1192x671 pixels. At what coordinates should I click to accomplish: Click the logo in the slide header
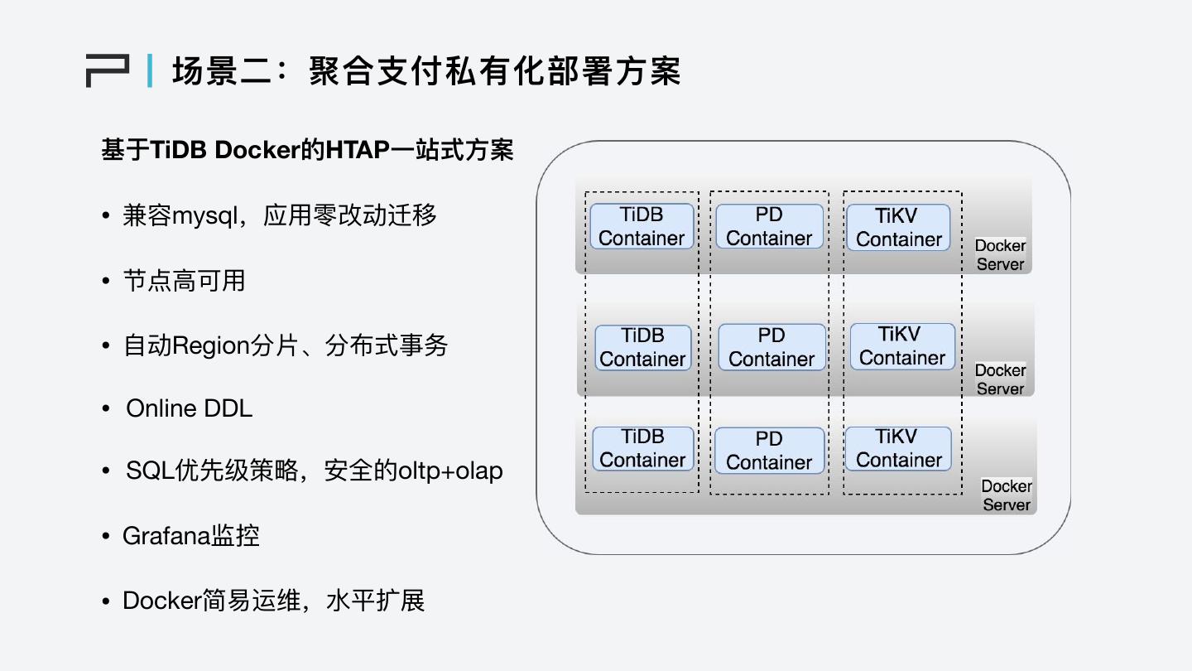108,70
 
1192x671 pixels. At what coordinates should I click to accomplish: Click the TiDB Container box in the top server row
642,226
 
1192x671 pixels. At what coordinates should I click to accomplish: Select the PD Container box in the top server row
769,226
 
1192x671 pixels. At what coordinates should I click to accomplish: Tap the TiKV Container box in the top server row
898,227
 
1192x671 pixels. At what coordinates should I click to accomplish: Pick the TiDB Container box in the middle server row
643,347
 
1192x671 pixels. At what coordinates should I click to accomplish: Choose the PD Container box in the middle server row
771,347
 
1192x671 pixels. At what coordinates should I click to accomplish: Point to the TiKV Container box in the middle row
902,346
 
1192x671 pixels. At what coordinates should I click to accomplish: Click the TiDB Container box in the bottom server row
643,448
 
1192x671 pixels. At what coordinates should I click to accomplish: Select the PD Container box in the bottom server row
769,451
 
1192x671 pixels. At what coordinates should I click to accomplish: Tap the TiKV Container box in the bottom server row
899,448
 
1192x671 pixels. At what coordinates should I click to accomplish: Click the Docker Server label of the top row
1000,255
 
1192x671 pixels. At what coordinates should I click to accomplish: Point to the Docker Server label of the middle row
1000,379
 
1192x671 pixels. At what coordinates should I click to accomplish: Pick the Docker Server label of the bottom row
1007,495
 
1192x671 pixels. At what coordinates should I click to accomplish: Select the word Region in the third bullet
210,345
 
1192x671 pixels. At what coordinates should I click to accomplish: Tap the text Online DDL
189,408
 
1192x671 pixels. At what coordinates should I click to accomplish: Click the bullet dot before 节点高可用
105,282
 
